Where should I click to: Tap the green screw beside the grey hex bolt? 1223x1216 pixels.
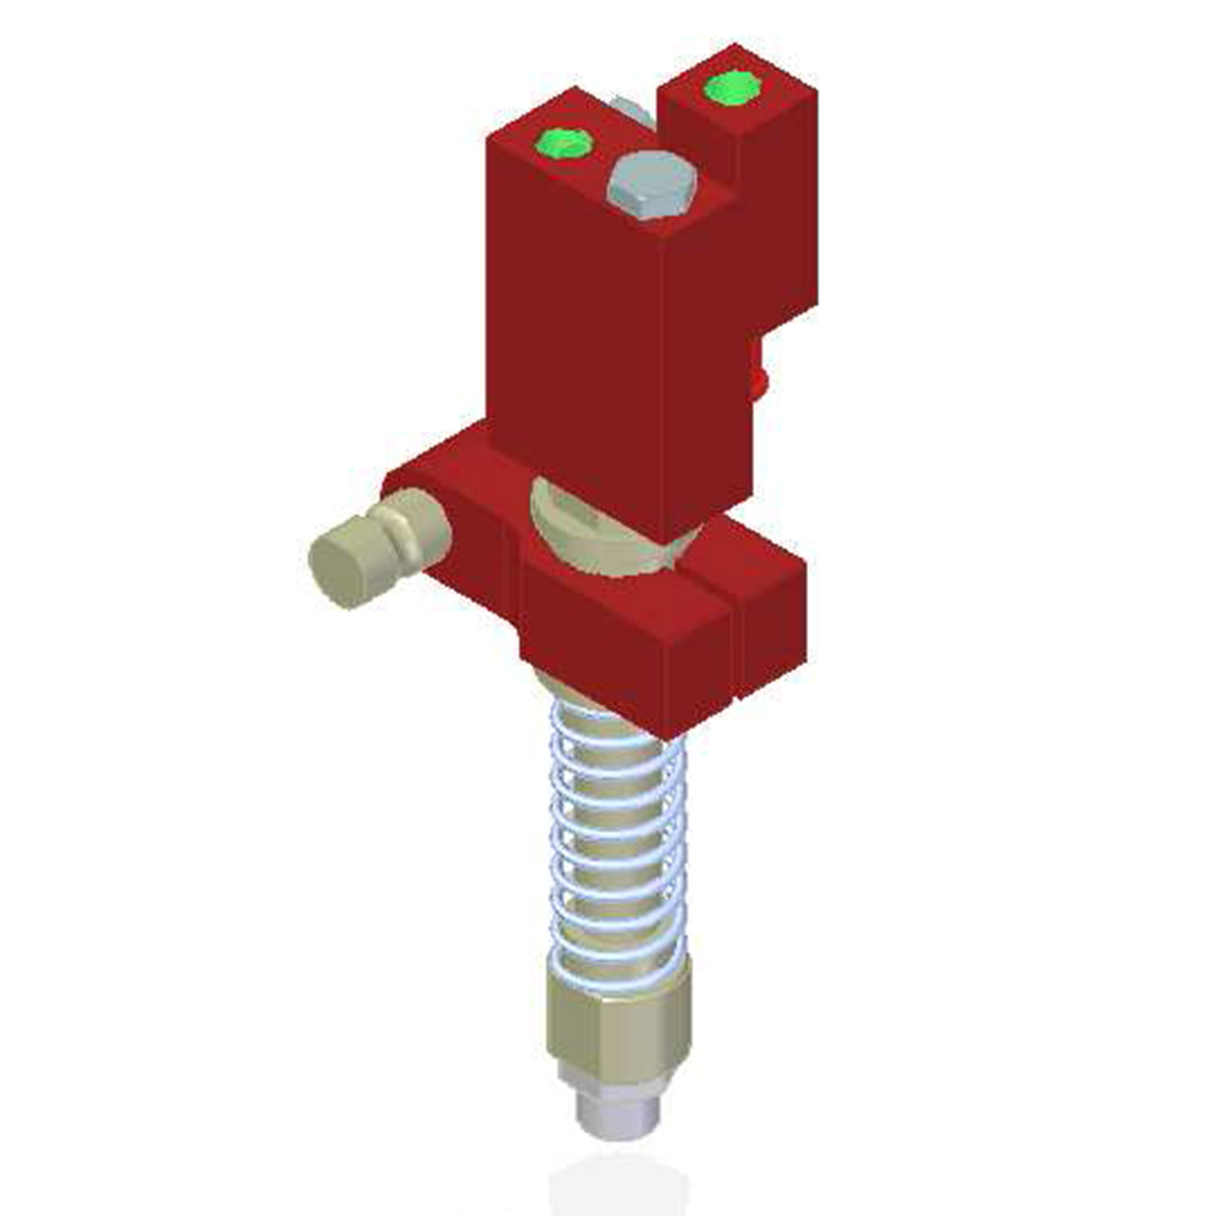coord(563,143)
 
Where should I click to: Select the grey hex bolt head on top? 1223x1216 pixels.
coord(651,184)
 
